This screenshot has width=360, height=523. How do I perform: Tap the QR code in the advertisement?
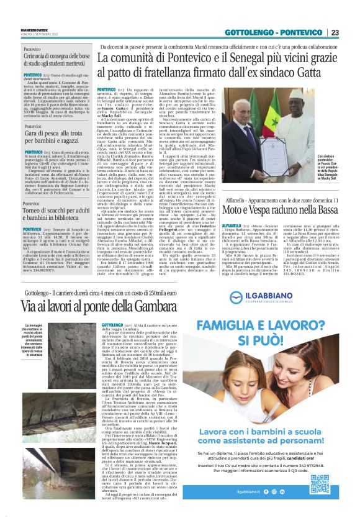320,483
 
